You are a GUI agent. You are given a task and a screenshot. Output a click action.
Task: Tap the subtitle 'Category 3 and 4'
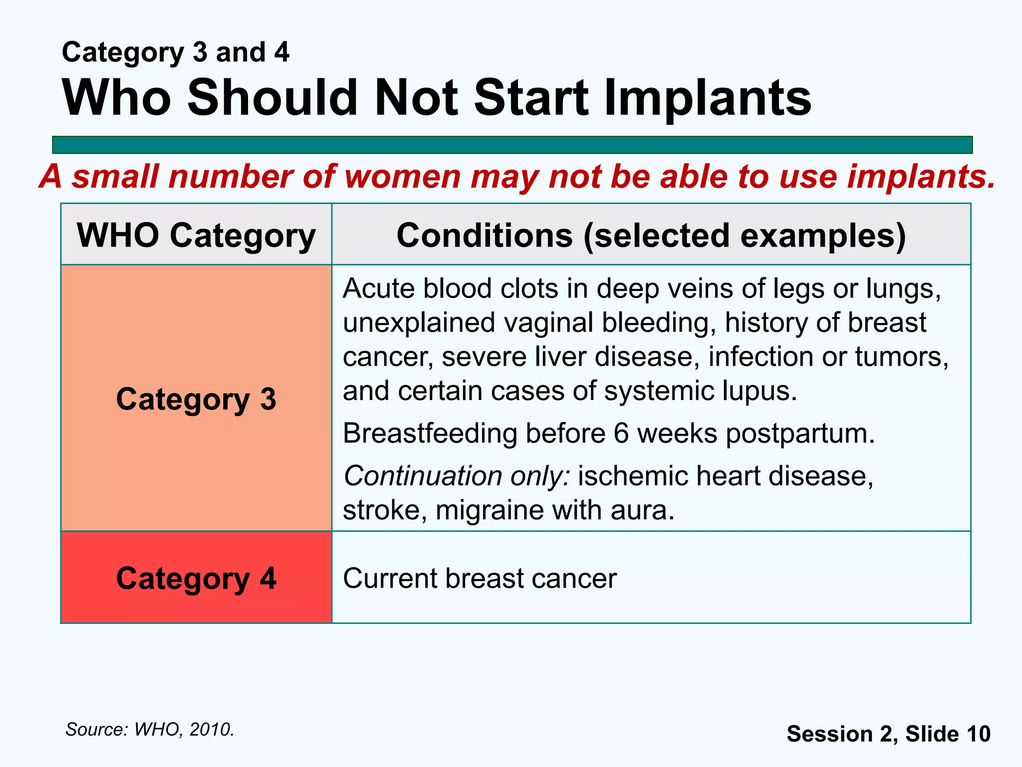[x=175, y=52]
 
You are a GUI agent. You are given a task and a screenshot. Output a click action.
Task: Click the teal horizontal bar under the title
[x=512, y=145]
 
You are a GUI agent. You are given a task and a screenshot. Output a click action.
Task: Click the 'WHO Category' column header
[x=196, y=235]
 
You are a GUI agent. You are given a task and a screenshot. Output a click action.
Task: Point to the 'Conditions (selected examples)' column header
[x=651, y=235]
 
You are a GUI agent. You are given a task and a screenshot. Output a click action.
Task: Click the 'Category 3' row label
[x=196, y=399]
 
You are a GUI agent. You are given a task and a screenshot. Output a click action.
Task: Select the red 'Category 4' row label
[x=196, y=578]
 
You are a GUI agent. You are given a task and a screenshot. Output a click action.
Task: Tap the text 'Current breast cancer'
[x=480, y=578]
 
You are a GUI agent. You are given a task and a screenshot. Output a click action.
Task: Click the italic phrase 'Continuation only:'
[x=457, y=476]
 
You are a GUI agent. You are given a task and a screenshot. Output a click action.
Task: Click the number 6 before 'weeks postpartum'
[x=621, y=433]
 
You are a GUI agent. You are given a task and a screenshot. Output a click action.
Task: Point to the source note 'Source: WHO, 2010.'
[x=150, y=730]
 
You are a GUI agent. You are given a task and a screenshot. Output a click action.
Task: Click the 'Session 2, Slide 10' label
[x=888, y=734]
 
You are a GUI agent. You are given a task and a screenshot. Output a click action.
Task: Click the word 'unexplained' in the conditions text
[x=419, y=323]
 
